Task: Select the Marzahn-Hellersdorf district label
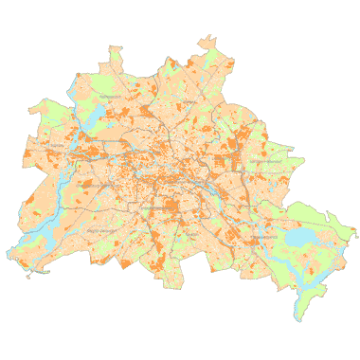point(267,162)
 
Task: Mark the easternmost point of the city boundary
point(357,233)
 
